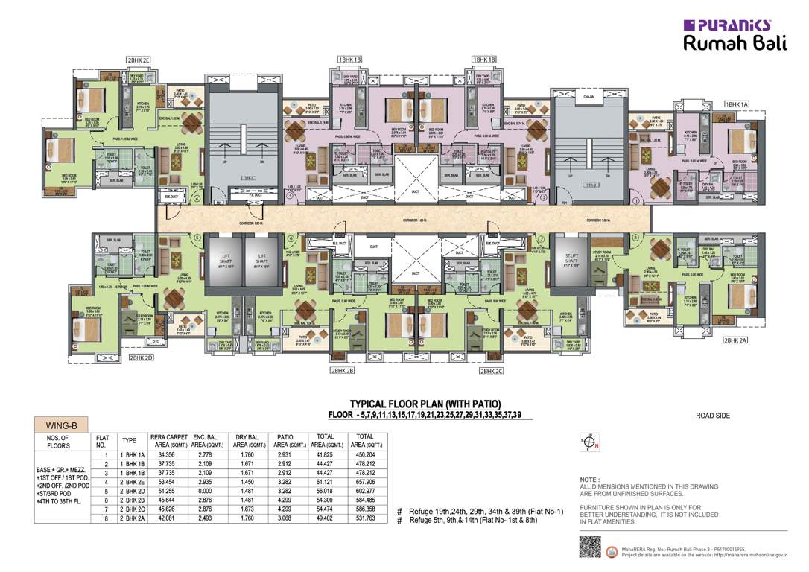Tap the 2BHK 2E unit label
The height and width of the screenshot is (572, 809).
tap(138, 59)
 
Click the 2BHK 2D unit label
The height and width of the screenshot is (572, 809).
tap(140, 357)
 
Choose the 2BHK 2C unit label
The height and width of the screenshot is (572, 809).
tap(492, 370)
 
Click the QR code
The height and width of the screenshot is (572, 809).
tap(589, 547)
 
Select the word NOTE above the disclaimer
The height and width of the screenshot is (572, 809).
tap(588, 480)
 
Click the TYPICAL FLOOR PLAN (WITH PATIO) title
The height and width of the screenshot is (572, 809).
tap(425, 404)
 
